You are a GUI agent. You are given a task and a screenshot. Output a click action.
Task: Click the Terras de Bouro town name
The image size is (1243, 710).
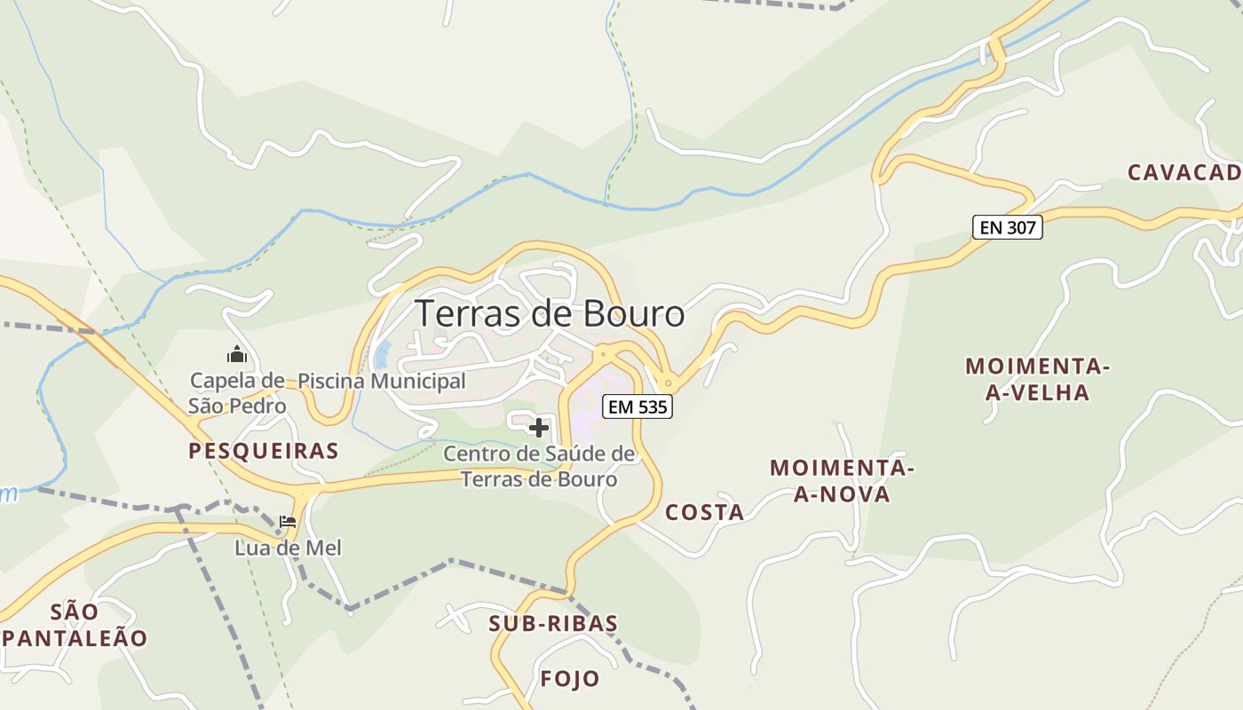click(x=550, y=314)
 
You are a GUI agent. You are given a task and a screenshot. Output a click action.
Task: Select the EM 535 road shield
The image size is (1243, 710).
click(x=637, y=407)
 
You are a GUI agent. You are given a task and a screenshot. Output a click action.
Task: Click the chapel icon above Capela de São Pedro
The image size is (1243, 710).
click(x=237, y=355)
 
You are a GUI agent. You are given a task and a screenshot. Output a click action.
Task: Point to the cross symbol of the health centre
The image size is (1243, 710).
click(x=538, y=428)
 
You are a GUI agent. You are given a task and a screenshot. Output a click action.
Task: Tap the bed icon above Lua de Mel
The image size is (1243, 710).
click(x=288, y=522)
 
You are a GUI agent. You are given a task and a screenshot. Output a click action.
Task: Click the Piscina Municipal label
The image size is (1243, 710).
click(x=381, y=381)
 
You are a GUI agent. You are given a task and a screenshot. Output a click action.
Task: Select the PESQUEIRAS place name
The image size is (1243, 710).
click(x=263, y=451)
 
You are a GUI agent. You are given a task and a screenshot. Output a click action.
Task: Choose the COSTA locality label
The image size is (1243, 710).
click(x=704, y=512)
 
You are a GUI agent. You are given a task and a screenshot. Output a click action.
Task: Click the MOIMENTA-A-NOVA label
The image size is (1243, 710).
click(x=841, y=480)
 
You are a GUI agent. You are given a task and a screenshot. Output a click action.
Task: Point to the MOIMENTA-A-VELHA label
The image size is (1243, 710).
click(x=1037, y=379)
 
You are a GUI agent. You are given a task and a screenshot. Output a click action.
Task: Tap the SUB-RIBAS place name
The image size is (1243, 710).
click(x=552, y=623)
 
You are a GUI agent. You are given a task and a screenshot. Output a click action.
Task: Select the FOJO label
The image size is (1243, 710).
click(x=570, y=679)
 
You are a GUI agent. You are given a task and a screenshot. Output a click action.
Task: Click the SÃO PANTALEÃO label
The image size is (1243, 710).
click(x=75, y=624)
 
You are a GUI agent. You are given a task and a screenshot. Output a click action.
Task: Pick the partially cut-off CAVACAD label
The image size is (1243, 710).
click(x=1184, y=172)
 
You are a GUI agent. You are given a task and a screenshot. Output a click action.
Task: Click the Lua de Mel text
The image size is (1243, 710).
click(x=288, y=548)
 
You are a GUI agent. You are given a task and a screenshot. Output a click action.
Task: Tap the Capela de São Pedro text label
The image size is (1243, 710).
click(x=237, y=393)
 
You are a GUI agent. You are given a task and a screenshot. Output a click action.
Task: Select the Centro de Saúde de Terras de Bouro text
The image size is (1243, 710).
click(x=539, y=467)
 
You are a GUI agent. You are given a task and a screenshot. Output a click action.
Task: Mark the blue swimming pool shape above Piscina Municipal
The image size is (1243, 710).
click(x=383, y=355)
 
